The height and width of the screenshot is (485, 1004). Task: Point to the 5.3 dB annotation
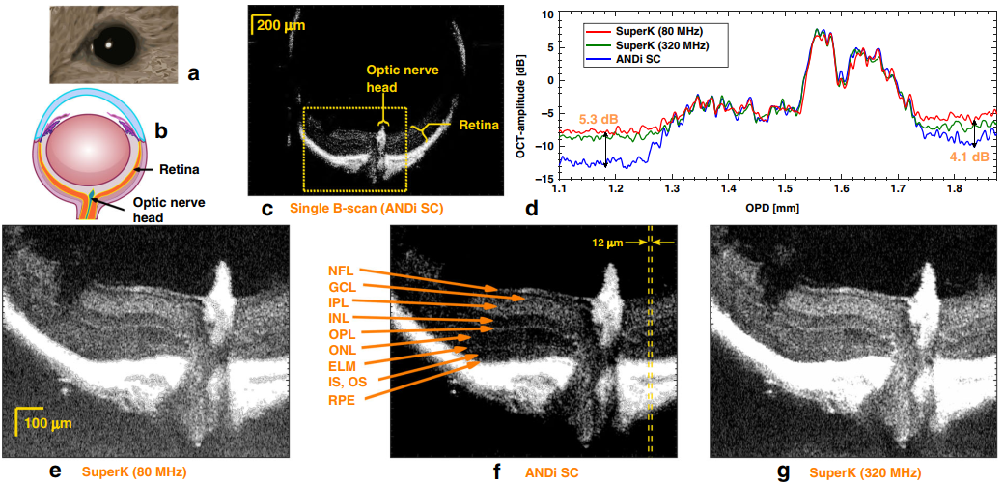(599, 120)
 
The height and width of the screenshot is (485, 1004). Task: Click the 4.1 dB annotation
(968, 156)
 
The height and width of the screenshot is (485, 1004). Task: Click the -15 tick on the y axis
(546, 179)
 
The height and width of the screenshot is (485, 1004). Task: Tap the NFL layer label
(341, 271)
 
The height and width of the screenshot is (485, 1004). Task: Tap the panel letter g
(783, 471)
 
